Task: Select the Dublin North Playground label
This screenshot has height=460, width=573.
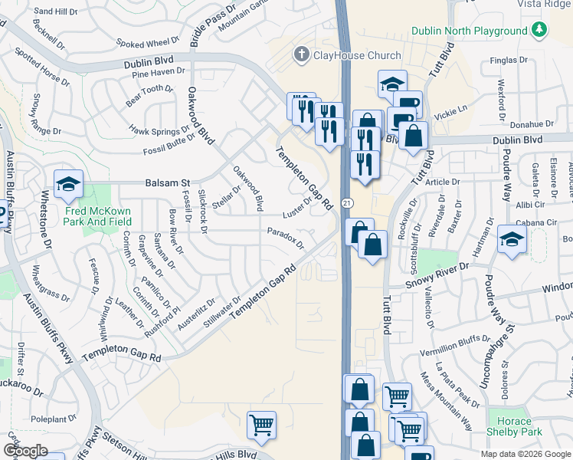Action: tap(469, 31)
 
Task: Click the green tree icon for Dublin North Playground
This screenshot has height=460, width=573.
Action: tap(541, 30)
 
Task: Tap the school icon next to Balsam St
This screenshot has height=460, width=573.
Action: tap(68, 184)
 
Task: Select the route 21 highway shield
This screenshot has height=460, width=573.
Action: tap(347, 202)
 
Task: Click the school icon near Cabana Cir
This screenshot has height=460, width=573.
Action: tap(512, 238)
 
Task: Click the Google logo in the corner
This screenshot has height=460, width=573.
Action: tap(25, 451)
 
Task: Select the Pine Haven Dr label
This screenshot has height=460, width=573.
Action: tap(159, 73)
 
